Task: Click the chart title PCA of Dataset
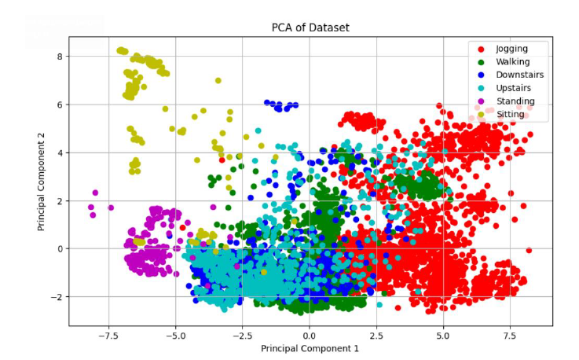tap(310, 28)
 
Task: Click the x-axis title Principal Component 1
tap(310, 347)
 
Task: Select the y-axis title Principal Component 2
tap(43, 182)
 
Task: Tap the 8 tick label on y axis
tap(59, 56)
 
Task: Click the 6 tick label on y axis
tap(59, 105)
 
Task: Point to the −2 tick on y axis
tap(56, 297)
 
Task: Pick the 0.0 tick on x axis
tap(310, 334)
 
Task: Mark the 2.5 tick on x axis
tap(377, 334)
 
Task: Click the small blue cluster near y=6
tap(281, 105)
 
